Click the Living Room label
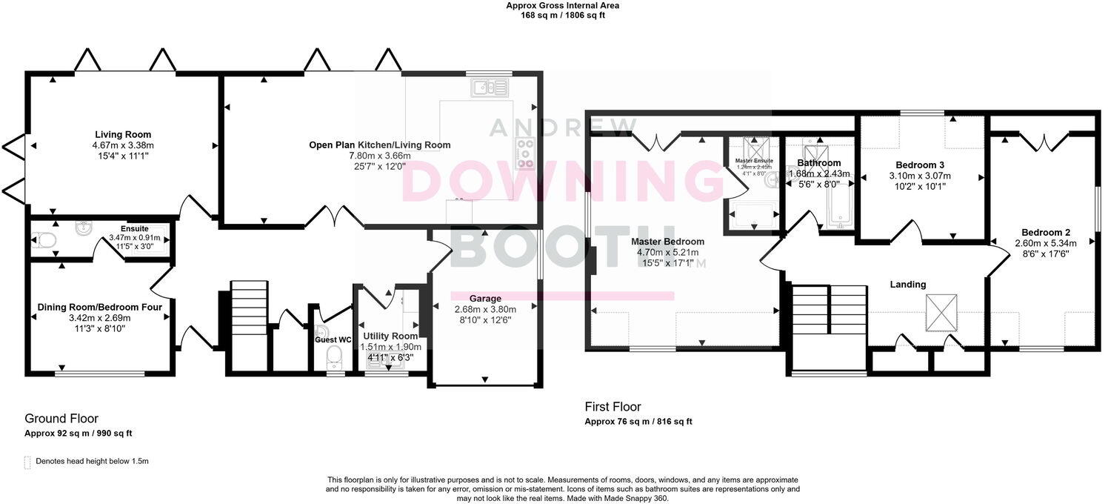coord(123,134)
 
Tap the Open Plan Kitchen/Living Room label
coord(379,145)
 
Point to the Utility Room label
coord(390,336)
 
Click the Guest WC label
coord(330,339)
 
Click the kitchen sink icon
coord(490,88)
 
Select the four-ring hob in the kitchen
coord(525,153)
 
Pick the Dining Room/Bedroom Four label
coord(99,306)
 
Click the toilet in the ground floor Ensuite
coord(44,239)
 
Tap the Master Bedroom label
coord(667,241)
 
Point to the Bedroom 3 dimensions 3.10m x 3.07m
coord(919,176)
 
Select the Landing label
coord(907,284)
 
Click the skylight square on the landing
coord(941,312)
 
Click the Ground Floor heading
coord(61,419)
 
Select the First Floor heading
coord(613,407)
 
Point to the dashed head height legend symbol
coord(28,462)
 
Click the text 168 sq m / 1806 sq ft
coord(562,15)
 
